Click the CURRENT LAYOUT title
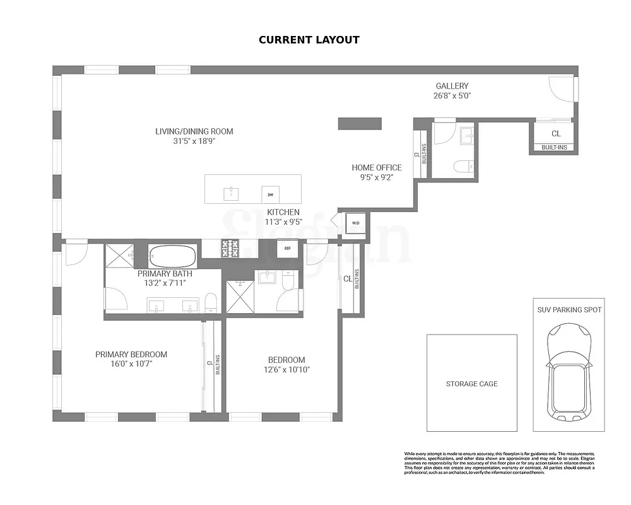click(309, 40)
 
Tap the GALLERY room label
click(452, 86)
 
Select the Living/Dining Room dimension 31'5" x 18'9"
click(194, 141)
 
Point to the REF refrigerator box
click(288, 248)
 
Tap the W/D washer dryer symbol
click(355, 223)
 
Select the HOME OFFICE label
click(376, 167)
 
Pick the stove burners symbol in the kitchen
click(230, 249)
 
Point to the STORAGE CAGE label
click(471, 384)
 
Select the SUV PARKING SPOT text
click(569, 310)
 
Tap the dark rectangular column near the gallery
click(360, 123)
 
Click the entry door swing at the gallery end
click(562, 88)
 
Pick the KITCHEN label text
click(283, 212)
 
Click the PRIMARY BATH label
click(165, 274)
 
